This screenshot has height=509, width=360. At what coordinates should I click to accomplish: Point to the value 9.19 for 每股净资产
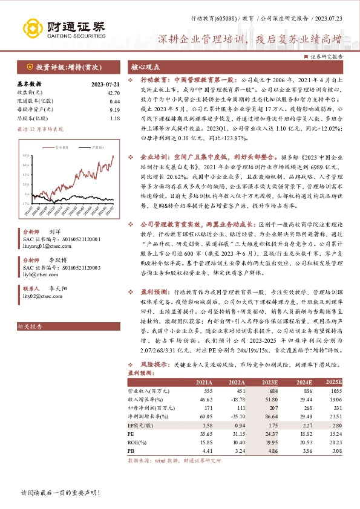click(x=115, y=110)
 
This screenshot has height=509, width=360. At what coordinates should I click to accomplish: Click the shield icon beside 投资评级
click(x=30, y=67)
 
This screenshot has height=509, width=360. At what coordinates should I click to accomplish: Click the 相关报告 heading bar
click(x=30, y=327)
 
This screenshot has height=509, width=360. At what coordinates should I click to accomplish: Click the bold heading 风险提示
click(x=155, y=366)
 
